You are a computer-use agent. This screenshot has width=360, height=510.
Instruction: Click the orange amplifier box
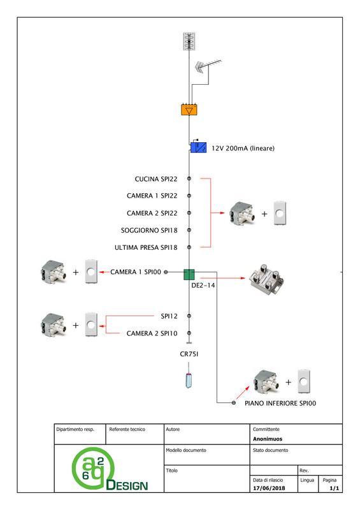click(x=189, y=110)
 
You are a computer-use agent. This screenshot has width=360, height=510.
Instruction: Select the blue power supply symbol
click(x=198, y=147)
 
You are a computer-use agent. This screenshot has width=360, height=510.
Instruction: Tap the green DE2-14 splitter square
click(x=189, y=275)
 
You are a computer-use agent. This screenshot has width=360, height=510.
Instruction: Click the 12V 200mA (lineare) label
click(x=243, y=149)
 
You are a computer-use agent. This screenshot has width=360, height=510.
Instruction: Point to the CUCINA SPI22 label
click(x=156, y=179)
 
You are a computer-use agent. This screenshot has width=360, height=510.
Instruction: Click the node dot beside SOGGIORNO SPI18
click(x=189, y=230)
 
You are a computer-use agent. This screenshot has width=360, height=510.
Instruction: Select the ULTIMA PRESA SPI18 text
click(x=146, y=247)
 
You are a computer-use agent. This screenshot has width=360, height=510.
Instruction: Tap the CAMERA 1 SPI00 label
click(x=136, y=272)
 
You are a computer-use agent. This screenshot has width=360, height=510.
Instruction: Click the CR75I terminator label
click(x=189, y=354)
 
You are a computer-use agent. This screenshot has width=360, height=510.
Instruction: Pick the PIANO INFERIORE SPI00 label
click(x=280, y=404)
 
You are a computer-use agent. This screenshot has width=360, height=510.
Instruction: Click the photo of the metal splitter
click(x=266, y=279)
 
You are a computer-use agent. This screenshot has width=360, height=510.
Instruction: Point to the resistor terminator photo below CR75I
click(x=189, y=376)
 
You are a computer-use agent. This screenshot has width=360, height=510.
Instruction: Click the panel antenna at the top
click(x=189, y=41)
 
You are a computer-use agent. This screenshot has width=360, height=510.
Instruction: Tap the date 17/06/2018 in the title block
click(x=269, y=488)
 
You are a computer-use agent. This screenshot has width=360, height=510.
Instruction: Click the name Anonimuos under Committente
click(x=268, y=439)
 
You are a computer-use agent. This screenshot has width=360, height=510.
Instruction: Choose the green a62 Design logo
click(x=109, y=469)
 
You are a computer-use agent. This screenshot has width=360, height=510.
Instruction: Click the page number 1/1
click(x=335, y=488)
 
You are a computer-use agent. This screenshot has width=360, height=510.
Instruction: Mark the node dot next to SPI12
click(x=189, y=316)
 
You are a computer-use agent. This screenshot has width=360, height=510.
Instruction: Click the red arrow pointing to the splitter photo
click(x=222, y=278)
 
